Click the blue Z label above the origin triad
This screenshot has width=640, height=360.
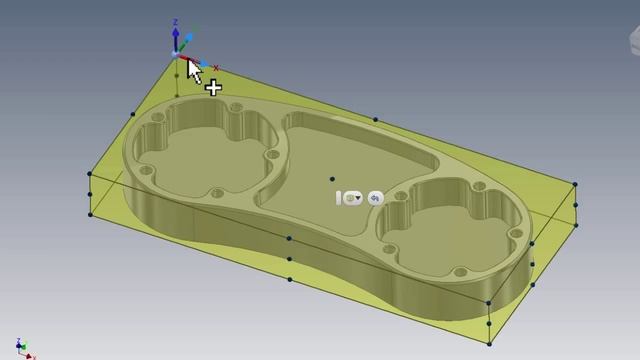tap(176, 21)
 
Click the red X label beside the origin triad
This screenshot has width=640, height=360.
tap(215, 68)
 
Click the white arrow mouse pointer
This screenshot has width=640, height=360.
tap(193, 70)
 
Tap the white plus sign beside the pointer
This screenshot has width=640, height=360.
tap(213, 88)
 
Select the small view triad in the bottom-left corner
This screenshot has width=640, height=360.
tap(25, 349)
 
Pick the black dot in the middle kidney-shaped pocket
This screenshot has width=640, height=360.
tap(332, 180)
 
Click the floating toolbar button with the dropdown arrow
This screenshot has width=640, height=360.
tap(351, 198)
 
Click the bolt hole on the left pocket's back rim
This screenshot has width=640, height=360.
tap(236, 106)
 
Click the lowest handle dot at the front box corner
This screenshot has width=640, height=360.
tap(489, 343)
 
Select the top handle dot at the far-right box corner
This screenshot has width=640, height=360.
tap(575, 184)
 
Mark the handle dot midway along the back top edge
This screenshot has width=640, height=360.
tap(376, 120)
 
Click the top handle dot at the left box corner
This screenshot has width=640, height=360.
tap(90, 174)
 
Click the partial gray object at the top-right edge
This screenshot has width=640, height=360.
tap(633, 40)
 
